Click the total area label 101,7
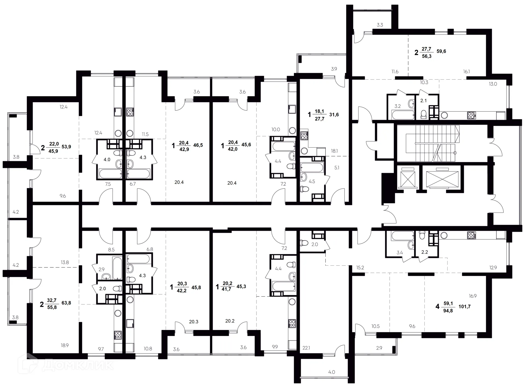[464, 306]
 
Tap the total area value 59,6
[441, 51]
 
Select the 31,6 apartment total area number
[334, 114]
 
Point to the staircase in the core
[428, 143]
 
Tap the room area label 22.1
[306, 348]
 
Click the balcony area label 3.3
[380, 25]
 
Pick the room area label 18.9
[65, 345]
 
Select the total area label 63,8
[66, 303]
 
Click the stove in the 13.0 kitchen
[471, 115]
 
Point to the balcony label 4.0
[331, 372]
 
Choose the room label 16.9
[472, 296]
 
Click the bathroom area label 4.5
[312, 181]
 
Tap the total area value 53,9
[66, 146]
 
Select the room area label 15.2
[360, 268]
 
